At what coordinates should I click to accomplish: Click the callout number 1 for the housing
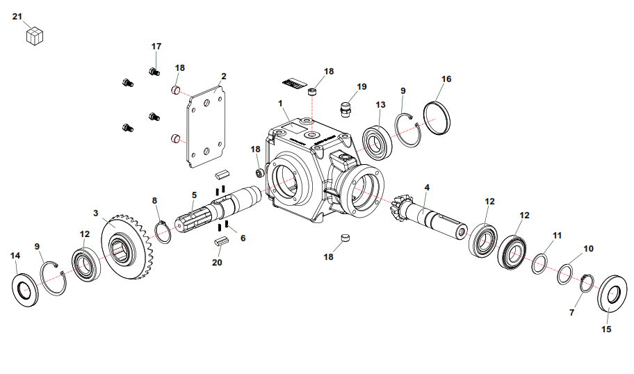click(281, 104)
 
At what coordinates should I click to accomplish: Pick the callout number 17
click(156, 47)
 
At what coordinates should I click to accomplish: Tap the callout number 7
click(572, 313)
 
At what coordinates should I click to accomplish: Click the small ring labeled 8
click(163, 232)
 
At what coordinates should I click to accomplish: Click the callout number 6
click(243, 238)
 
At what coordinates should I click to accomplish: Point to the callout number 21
click(17, 16)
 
